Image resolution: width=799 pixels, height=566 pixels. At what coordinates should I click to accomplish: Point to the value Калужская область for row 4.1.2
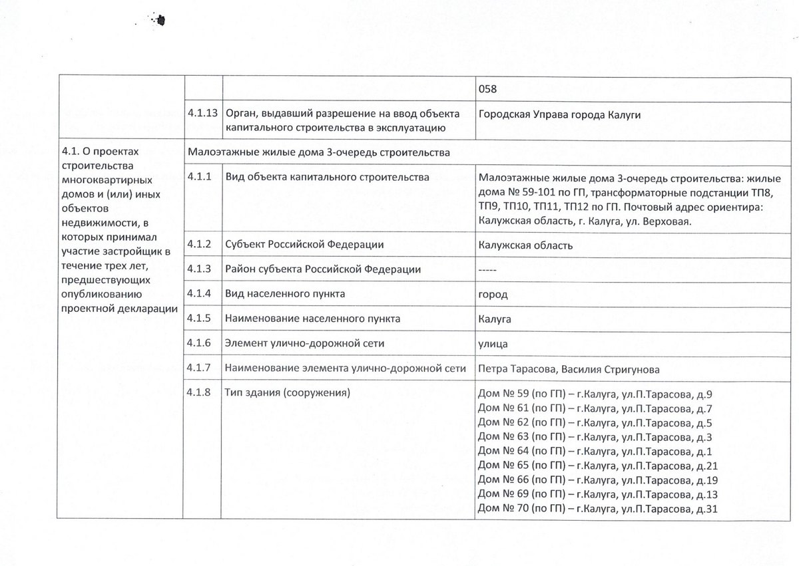click(525, 245)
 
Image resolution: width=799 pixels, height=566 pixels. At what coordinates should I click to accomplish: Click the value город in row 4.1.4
click(493, 294)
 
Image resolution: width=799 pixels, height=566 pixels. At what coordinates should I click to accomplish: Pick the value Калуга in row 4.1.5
click(495, 319)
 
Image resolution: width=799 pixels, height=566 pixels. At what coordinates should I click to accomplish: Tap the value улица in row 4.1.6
click(493, 343)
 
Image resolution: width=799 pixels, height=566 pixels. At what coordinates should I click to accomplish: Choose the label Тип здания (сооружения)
click(288, 393)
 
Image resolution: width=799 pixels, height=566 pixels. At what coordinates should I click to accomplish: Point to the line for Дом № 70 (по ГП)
click(599, 509)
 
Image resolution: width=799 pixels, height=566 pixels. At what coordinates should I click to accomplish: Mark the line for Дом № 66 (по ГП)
click(599, 480)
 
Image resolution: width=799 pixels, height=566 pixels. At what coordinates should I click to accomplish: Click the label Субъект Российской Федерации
click(305, 245)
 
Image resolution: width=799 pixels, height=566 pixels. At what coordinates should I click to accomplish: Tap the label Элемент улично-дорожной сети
click(306, 343)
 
